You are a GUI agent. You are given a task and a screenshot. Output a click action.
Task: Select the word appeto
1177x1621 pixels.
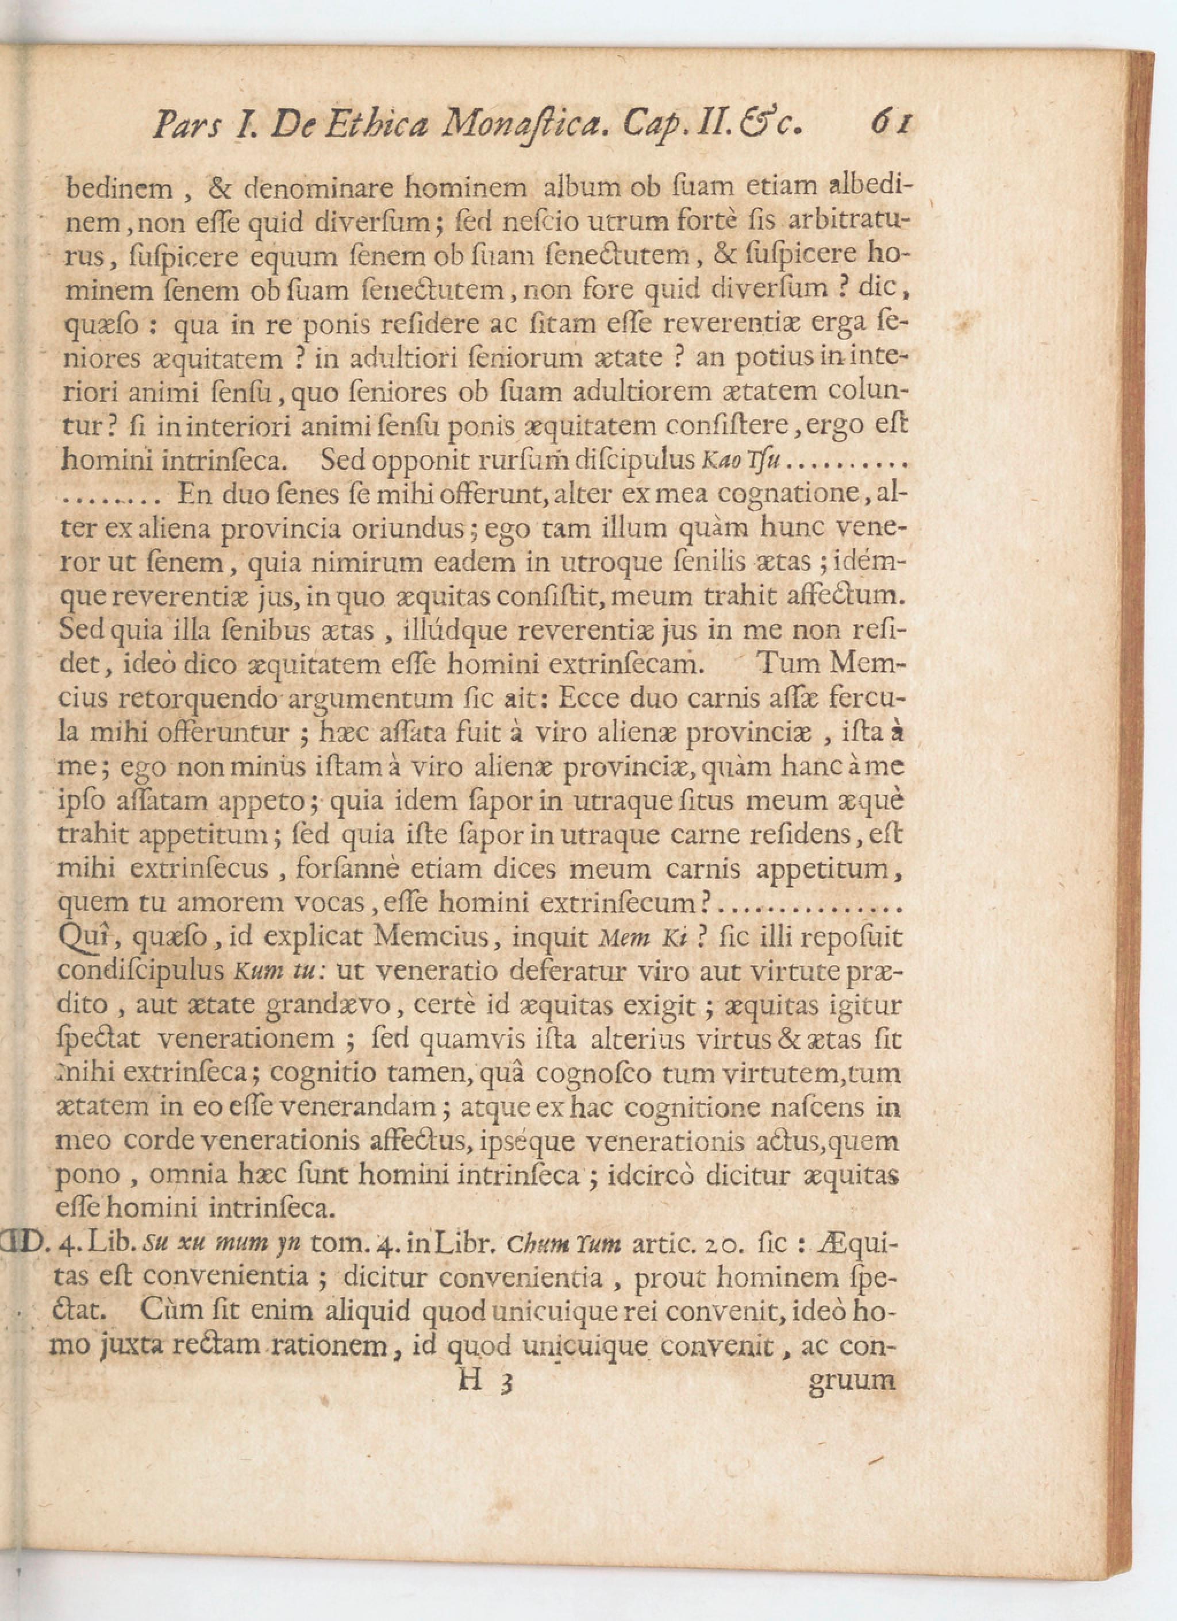coord(260,801)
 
